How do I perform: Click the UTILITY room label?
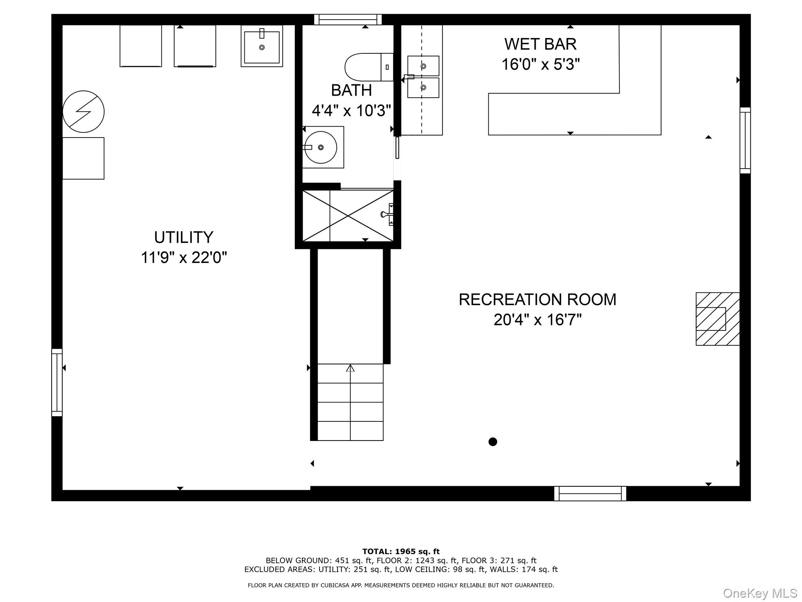(x=183, y=238)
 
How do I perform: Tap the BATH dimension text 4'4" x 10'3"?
(x=351, y=111)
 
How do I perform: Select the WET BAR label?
(x=540, y=44)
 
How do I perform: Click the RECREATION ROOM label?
(x=537, y=300)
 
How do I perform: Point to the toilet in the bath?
(x=368, y=67)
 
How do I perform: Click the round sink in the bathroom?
(x=321, y=147)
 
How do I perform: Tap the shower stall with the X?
(x=348, y=216)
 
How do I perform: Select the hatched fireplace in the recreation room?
(x=717, y=319)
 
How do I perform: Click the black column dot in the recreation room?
(x=493, y=442)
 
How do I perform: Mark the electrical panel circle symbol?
(x=83, y=112)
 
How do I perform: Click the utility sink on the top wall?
(x=262, y=46)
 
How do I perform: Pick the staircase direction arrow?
(x=350, y=368)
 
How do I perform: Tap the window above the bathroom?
(x=348, y=19)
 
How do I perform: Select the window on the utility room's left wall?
(x=57, y=382)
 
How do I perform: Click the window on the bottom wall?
(x=590, y=493)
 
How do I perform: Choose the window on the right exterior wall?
(x=745, y=140)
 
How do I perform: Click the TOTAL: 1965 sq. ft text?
(x=401, y=551)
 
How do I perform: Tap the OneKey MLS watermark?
(x=760, y=593)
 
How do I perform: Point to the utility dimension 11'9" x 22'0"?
(x=184, y=258)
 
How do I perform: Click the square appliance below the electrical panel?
(x=83, y=158)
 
